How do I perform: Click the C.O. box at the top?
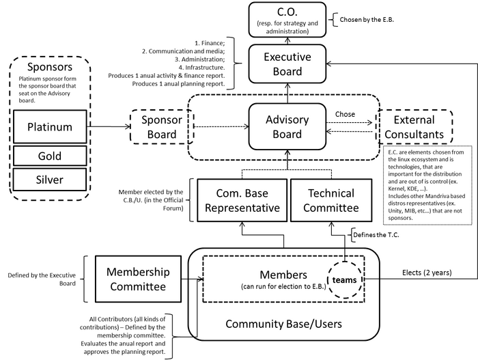coord(286,20)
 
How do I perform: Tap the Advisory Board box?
coord(286,126)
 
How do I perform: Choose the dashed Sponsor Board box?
coord(161,126)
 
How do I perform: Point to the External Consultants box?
coord(414,127)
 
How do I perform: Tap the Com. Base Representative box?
coord(242,201)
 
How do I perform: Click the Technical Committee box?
coord(331,201)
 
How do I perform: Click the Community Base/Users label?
coord(285,323)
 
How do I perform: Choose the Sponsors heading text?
coord(51,67)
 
